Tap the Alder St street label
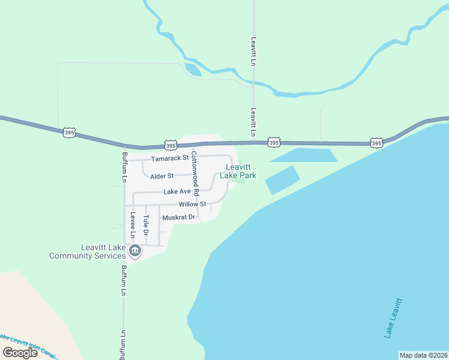coord(161,176)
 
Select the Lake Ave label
coord(177,192)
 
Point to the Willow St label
coord(191,204)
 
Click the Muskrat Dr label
coord(179,217)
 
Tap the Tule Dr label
coord(146,225)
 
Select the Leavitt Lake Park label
coord(238,172)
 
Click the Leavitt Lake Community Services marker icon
coord(135,250)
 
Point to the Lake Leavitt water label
coord(394,319)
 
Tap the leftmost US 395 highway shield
coord(68,132)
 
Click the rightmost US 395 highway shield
coord(376,143)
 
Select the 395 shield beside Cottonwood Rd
coord(170,145)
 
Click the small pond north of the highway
coord(193,69)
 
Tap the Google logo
coord(20,353)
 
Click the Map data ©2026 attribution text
coord(423,355)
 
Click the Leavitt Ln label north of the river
coord(254,52)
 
